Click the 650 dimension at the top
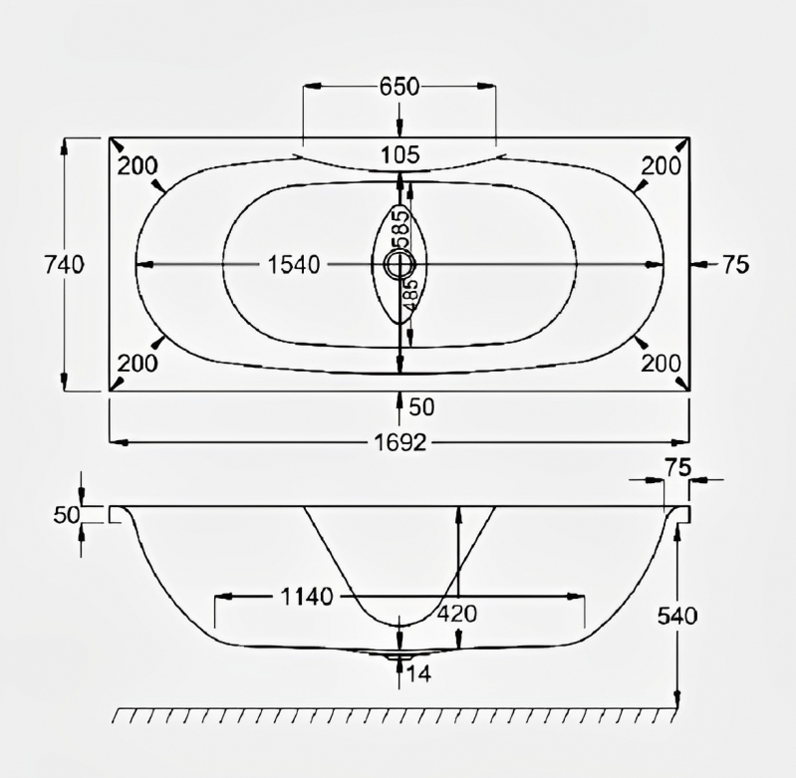click(x=398, y=87)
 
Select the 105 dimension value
click(x=399, y=154)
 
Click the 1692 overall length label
click(x=398, y=441)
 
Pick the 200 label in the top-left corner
click(x=137, y=166)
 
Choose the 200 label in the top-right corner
click(x=661, y=166)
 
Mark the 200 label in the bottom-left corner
click(x=137, y=364)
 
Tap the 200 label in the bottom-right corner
click(x=661, y=364)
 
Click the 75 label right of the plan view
click(x=735, y=264)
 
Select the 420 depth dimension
click(x=456, y=615)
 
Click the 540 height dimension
click(x=676, y=616)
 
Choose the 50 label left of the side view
click(x=65, y=514)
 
